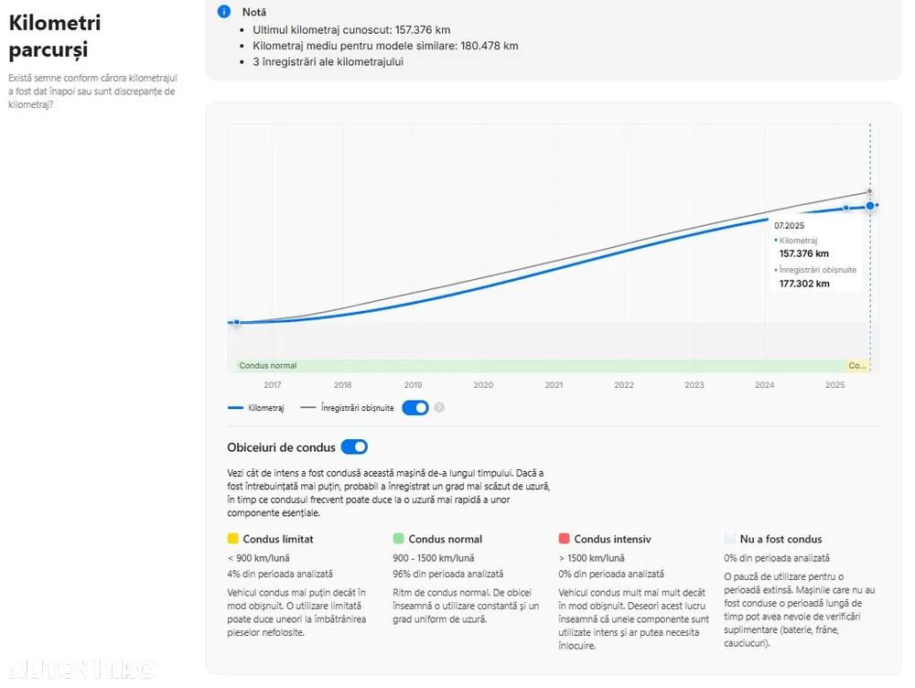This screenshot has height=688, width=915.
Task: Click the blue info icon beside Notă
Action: pyautogui.click(x=224, y=12)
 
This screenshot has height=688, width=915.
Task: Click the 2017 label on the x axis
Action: pyautogui.click(x=273, y=385)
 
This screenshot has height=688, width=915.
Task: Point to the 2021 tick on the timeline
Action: pyautogui.click(x=554, y=385)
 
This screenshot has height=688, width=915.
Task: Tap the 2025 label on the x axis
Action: pyautogui.click(x=834, y=385)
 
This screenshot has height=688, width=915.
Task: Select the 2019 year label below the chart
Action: pyautogui.click(x=414, y=385)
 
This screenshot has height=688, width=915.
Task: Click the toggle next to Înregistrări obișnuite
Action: pyautogui.click(x=414, y=407)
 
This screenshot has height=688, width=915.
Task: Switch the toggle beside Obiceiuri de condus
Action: pyautogui.click(x=354, y=447)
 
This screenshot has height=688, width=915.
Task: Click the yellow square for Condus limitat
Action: pyautogui.click(x=232, y=539)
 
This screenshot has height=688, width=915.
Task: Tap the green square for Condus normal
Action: pyautogui.click(x=398, y=539)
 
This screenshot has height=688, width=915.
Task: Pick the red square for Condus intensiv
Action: pyautogui.click(x=564, y=539)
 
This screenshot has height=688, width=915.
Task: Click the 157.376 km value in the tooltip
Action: pyautogui.click(x=804, y=253)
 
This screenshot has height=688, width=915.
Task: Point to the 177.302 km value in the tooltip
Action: pyautogui.click(x=804, y=284)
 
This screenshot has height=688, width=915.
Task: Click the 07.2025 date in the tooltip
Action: pyautogui.click(x=789, y=225)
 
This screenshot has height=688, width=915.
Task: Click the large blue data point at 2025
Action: pyautogui.click(x=870, y=206)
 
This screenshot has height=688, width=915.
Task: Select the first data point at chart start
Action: pyautogui.click(x=236, y=322)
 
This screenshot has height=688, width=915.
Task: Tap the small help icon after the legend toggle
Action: pyautogui.click(x=439, y=408)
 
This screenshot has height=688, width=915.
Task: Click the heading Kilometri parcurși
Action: pyautogui.click(x=55, y=36)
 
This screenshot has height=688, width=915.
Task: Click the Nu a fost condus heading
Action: pyautogui.click(x=780, y=539)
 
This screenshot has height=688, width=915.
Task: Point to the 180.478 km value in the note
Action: pyautogui.click(x=485, y=46)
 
